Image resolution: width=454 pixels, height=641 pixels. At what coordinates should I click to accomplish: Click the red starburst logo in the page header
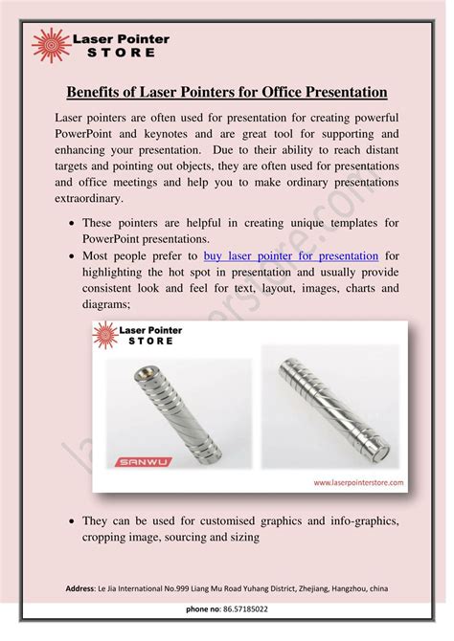pyautogui.click(x=49, y=44)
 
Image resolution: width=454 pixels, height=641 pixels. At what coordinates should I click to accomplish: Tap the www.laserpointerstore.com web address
pyautogui.click(x=357, y=483)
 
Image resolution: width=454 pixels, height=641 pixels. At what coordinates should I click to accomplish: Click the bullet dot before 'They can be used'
pyautogui.click(x=73, y=520)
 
